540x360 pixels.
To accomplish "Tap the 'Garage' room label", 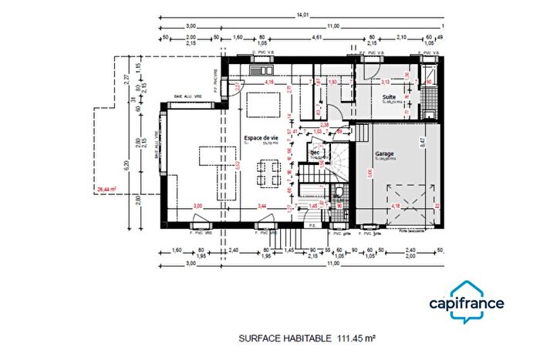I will (x=384, y=154).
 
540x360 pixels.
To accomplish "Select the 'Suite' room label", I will (x=390, y=97).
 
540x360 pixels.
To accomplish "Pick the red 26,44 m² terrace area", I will (x=105, y=188).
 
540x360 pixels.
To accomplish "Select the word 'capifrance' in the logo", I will (x=467, y=304).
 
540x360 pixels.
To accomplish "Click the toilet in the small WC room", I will (x=339, y=193).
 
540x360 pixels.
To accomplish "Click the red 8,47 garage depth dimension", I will (x=424, y=141).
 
